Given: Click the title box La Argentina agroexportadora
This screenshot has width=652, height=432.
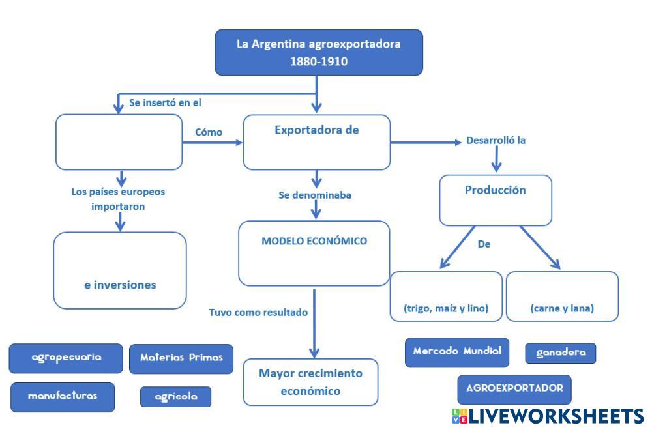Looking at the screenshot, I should pos(318,53).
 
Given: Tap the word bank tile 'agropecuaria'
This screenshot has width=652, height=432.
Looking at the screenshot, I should pos(66,358).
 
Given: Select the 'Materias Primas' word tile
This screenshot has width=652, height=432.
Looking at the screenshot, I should pos(181,358).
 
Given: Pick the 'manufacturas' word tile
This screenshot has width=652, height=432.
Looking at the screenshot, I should pos(63,396).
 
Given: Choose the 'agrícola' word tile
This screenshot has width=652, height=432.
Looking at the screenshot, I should pos(176,396).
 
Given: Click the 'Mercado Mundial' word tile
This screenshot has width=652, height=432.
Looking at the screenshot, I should pos(457,352).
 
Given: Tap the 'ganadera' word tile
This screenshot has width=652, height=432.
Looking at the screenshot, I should pos(561,353).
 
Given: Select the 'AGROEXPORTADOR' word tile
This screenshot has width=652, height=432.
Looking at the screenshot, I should pos(514,388).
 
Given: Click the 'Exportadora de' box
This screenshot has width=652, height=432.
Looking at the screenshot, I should pos(317,142).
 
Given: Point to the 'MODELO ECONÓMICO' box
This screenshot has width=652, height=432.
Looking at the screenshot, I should pos(314,253).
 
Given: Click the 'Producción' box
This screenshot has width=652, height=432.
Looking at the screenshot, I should pos(496,199).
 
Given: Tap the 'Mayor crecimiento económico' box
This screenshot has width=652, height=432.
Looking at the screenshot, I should pos(310,382).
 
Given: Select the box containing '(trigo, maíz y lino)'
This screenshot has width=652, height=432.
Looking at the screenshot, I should pos(446,296).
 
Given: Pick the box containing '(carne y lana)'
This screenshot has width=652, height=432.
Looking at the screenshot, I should pos(562,296).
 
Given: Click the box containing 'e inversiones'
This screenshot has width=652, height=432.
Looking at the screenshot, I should pos(120,270).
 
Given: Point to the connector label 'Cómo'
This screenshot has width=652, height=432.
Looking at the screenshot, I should pos(209,132).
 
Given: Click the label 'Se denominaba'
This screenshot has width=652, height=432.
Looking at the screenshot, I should pos(314,195).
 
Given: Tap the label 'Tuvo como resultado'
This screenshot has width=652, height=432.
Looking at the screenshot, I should pos(258,312).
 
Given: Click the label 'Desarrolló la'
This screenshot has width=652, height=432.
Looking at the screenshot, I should pos(496,141).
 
